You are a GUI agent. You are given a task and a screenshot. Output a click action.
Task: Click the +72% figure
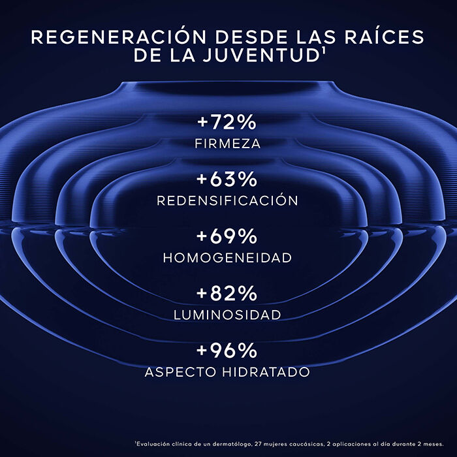tap(228, 122)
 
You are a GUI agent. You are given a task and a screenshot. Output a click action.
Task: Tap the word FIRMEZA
tap(228, 143)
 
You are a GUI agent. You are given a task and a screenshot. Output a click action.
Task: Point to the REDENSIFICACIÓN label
tap(228, 200)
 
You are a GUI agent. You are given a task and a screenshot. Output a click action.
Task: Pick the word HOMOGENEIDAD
tap(228, 258)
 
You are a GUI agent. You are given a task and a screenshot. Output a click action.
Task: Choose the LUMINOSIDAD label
tap(228, 315)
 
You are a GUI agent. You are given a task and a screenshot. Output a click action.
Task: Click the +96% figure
tap(228, 351)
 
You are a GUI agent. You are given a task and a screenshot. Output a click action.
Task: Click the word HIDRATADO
tap(268, 372)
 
